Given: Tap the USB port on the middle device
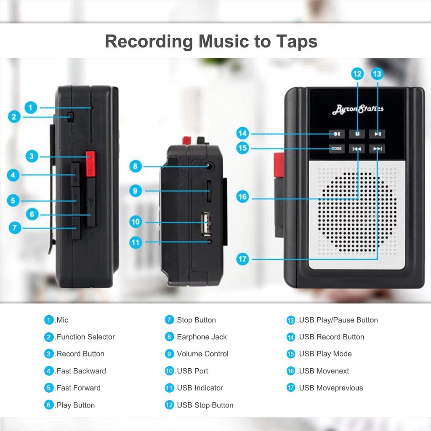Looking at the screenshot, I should click(x=206, y=222).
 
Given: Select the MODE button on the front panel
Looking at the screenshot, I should click(x=336, y=149).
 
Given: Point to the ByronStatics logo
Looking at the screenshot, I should click(x=358, y=109).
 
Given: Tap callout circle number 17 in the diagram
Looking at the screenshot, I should click(x=242, y=259).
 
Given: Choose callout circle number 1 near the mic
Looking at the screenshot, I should click(x=30, y=108).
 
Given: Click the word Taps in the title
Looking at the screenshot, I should click(x=291, y=41).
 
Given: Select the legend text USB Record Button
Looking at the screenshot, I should click(x=331, y=337).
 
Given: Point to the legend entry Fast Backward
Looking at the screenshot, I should click(x=81, y=371).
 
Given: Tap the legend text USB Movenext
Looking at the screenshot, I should click(x=324, y=371).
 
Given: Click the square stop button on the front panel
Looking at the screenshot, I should click(x=357, y=134).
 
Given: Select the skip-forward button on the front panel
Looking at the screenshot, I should click(x=378, y=149).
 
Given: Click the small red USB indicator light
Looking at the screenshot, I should click(x=210, y=242).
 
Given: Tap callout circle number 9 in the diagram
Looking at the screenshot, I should click(x=135, y=191).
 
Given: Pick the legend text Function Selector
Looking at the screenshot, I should click(x=85, y=337).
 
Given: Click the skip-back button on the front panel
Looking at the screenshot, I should click(x=357, y=149).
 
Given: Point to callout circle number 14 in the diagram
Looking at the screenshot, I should click(x=242, y=133).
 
